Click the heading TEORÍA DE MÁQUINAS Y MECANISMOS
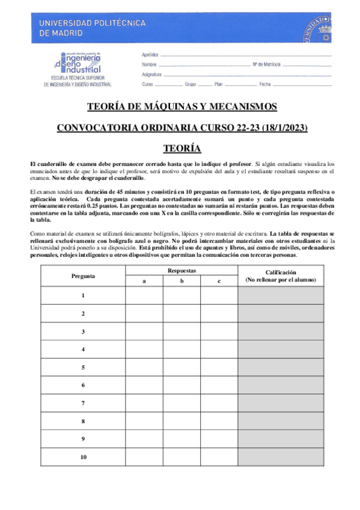182,107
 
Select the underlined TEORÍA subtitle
182,148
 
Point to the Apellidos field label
150,55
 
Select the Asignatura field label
152,75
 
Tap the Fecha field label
265,85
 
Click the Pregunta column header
83,276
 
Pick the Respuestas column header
182,271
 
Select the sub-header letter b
182,281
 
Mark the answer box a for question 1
144,296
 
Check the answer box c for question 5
219,367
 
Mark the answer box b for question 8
182,421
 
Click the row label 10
83,457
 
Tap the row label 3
83,331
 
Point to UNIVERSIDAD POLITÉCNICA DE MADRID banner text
93,28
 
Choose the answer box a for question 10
144,457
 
